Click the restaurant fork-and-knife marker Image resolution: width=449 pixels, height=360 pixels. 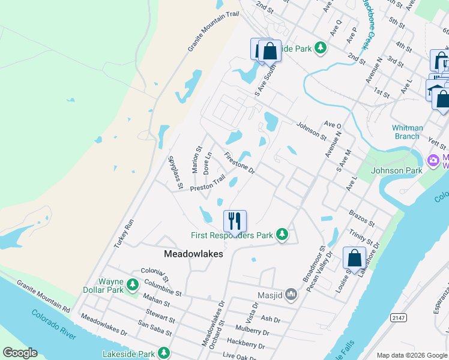pos(235,220)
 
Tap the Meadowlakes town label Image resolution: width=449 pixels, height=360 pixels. pos(193,254)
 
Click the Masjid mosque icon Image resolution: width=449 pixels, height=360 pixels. pos(292,294)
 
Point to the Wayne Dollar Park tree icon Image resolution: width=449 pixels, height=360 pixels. pos(133,283)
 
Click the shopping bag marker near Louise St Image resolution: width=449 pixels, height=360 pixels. pos(354,257)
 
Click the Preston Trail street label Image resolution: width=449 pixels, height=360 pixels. pos(207,183)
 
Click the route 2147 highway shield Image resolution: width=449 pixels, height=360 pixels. pos(397,316)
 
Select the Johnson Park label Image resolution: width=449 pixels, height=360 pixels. pos(396,170)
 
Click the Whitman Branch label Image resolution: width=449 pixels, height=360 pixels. pos(407,132)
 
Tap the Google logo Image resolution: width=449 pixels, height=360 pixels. pos(20,353)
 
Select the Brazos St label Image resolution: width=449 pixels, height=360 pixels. pos(361,218)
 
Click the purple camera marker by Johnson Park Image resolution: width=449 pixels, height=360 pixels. pos(432,161)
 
